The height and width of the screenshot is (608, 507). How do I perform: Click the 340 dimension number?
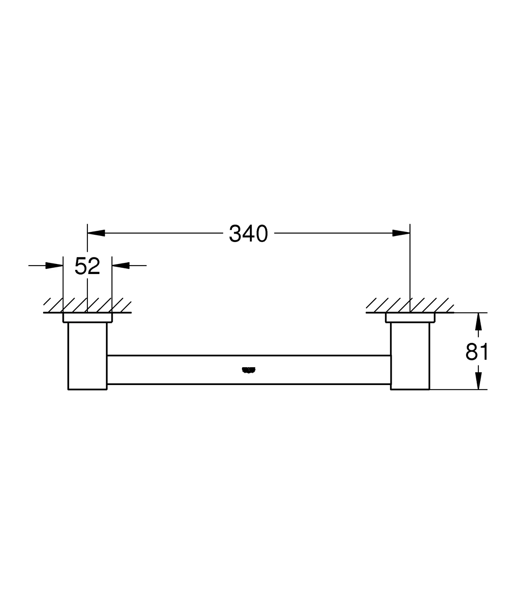click(248, 234)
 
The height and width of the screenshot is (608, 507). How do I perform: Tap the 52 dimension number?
click(87, 266)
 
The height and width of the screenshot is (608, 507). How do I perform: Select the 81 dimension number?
click(477, 352)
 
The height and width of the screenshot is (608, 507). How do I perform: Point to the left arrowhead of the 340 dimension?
click(96, 233)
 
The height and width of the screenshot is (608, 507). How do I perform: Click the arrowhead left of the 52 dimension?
click(54, 265)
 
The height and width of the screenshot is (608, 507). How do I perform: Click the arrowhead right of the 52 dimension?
click(121, 265)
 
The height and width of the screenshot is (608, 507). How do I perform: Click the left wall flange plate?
click(87, 317)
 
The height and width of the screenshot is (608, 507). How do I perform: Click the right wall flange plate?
click(410, 317)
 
